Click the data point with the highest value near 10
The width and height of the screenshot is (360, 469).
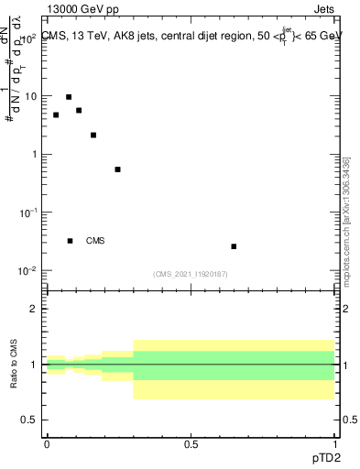pyautogui.click(x=69, y=97)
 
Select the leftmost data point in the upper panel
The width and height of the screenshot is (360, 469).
pyautogui.click(x=56, y=115)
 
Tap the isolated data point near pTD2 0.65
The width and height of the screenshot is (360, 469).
pyautogui.click(x=234, y=246)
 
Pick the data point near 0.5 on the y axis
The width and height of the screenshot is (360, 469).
pyautogui.click(x=117, y=169)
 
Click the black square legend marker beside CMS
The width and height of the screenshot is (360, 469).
pyautogui.click(x=71, y=241)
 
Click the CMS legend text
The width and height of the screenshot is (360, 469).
pyautogui.click(x=95, y=241)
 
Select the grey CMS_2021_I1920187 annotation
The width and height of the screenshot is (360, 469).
pyautogui.click(x=190, y=273)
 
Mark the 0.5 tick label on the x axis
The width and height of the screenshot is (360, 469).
pyautogui.click(x=191, y=443)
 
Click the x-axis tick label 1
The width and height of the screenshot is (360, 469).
pyautogui.click(x=334, y=443)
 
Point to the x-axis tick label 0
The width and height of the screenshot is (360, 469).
pyautogui.click(x=47, y=443)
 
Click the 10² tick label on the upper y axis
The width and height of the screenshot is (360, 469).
pyautogui.click(x=28, y=39)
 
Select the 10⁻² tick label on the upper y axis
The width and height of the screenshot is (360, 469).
pyautogui.click(x=27, y=270)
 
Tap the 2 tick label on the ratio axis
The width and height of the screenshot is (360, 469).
pyautogui.click(x=34, y=309)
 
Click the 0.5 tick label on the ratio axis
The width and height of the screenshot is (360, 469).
pyautogui.click(x=30, y=420)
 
